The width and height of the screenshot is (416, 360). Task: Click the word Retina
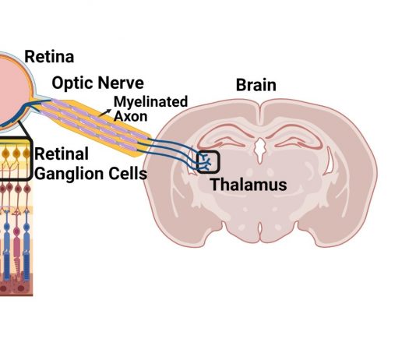[49, 57]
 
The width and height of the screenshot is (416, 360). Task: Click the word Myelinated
[150, 102]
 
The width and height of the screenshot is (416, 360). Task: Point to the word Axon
[130, 116]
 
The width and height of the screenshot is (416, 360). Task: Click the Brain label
[256, 85]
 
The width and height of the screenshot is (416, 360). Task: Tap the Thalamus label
[249, 185]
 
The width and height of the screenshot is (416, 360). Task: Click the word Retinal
[62, 154]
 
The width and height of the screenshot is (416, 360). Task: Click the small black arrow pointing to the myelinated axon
[105, 113]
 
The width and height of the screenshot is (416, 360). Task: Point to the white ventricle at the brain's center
[260, 150]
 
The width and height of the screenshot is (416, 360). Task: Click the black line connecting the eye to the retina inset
[24, 130]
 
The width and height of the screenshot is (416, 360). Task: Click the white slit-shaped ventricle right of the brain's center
[329, 161]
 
